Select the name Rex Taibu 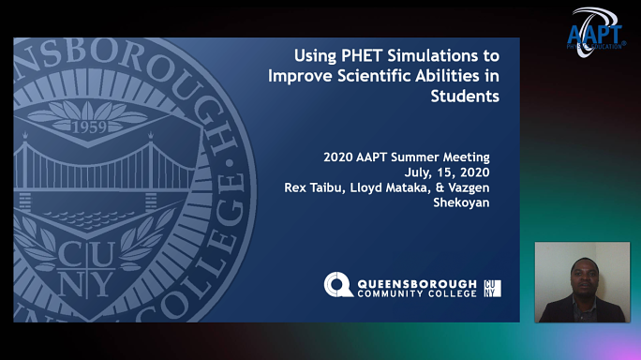click(x=312, y=187)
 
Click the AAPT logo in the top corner click(x=596, y=31)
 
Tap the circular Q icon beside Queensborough click(x=338, y=286)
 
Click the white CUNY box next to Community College click(x=492, y=287)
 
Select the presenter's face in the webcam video click(x=582, y=276)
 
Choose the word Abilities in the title click(x=442, y=75)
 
